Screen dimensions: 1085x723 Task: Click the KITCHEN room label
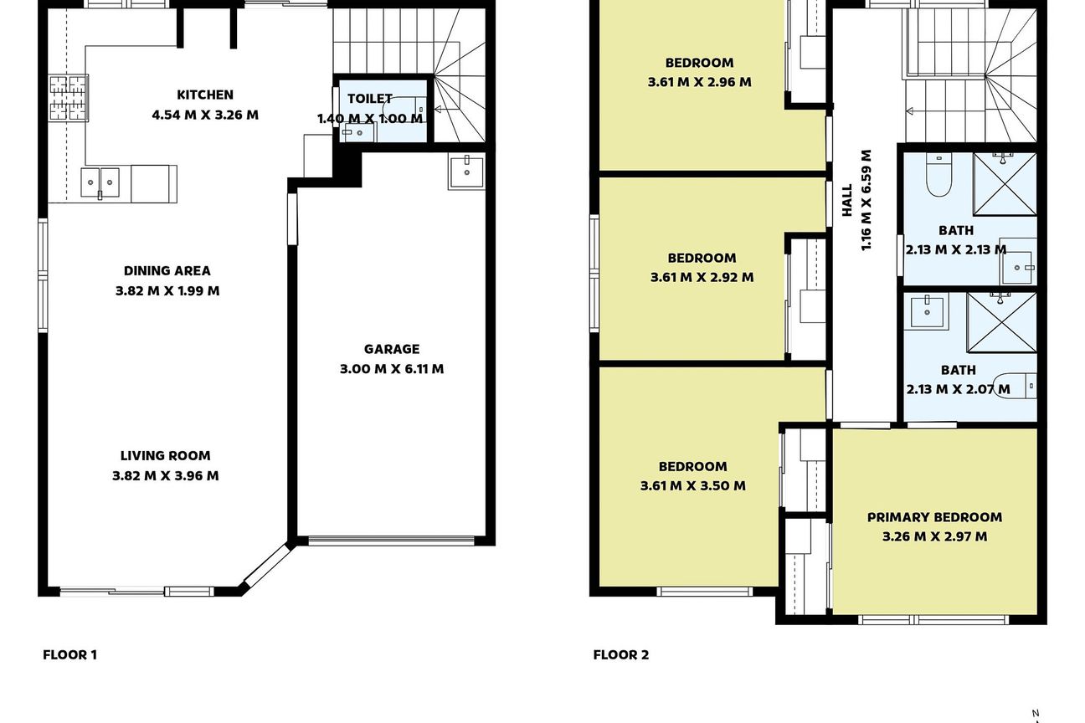pos(205,95)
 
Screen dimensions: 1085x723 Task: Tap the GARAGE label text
pos(391,349)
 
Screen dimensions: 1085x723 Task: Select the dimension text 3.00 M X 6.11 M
pos(391,369)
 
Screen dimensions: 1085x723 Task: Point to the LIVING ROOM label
pos(165,456)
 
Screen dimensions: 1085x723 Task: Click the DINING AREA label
pos(167,270)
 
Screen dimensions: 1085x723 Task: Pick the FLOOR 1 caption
pos(69,655)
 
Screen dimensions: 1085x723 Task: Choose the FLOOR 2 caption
pos(621,655)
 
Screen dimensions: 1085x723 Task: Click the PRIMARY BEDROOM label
pos(934,517)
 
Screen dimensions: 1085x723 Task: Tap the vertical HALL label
pos(846,200)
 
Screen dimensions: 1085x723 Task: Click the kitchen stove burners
pos(69,98)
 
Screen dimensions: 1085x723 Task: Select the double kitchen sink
pos(100,182)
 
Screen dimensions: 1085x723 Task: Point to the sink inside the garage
pos(466,172)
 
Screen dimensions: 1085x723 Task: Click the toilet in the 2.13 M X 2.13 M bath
pos(938,174)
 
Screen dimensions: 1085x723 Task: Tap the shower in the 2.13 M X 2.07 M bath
pos(1001,322)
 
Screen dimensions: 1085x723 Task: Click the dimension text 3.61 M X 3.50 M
pos(692,485)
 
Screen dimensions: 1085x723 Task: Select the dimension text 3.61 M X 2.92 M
pos(702,278)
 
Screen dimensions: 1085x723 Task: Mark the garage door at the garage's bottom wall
pos(391,541)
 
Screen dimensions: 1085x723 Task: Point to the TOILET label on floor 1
pos(369,99)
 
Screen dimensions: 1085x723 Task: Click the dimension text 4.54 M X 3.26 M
pos(205,115)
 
